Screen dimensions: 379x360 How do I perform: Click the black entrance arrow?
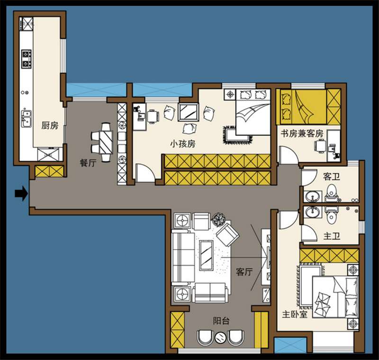click(x=21, y=194)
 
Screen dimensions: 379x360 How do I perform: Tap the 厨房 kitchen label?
click(x=50, y=126)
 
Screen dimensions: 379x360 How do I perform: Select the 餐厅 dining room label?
click(x=88, y=163)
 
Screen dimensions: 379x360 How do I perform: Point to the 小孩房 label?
click(x=183, y=144)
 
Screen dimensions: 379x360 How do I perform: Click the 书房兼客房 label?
click(x=302, y=133)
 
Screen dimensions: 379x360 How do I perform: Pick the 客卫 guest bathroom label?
click(x=332, y=176)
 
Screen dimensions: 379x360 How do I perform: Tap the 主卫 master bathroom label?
click(x=332, y=236)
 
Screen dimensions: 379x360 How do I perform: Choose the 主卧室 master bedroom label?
click(x=295, y=314)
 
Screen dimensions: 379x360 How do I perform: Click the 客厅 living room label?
click(x=244, y=272)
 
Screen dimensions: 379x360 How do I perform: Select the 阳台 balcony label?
click(x=221, y=321)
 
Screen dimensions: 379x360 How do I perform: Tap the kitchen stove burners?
click(x=26, y=59)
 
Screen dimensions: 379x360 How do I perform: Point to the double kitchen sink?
click(x=26, y=119)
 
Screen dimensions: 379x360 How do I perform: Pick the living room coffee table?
click(x=206, y=255)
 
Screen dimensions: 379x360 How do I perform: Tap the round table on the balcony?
click(x=220, y=338)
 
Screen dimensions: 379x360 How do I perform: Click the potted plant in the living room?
click(x=219, y=219)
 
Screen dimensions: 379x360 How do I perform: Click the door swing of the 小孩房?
click(x=144, y=173)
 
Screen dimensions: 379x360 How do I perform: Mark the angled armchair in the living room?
click(x=227, y=234)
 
